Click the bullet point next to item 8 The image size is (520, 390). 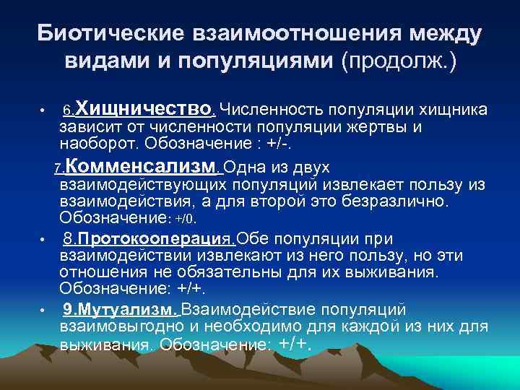[x=43, y=239]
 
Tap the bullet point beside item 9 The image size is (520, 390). [x=43, y=311]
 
